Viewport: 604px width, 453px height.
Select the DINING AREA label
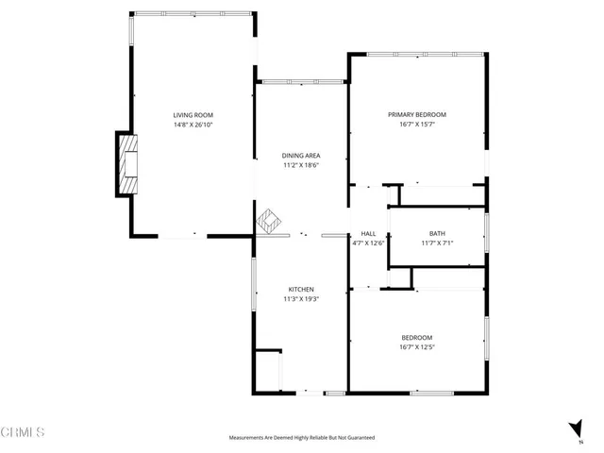click(301, 155)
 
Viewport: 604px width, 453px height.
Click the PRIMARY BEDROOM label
click(416, 114)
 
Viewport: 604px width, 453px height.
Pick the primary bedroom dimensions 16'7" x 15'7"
click(416, 124)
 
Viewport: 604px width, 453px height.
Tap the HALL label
click(368, 233)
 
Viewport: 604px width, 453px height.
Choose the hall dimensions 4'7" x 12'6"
click(368, 243)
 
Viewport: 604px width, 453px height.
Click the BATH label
click(437, 233)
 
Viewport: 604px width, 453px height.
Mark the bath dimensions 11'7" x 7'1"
click(437, 243)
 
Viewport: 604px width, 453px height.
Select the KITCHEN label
click(301, 290)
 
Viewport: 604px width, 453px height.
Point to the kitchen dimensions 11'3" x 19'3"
click(301, 299)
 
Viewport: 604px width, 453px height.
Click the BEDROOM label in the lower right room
click(416, 337)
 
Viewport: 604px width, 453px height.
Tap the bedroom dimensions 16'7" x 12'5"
click(416, 346)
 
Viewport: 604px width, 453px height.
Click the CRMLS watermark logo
click(25, 432)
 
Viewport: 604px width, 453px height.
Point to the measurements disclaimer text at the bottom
click(301, 438)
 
